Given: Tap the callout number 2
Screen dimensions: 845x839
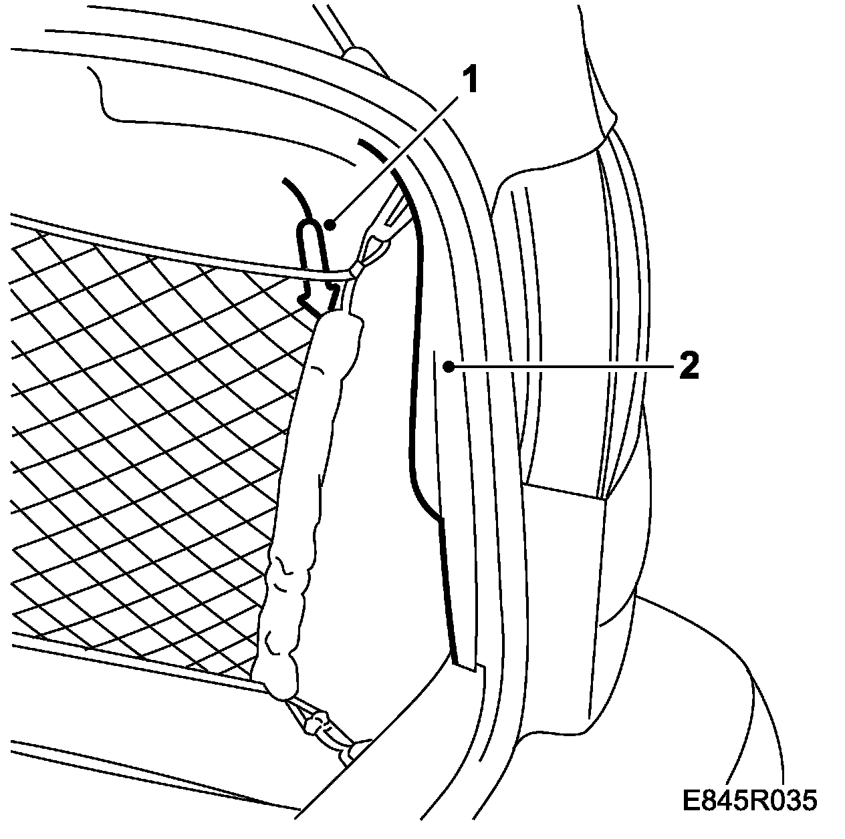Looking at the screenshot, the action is (x=689, y=367).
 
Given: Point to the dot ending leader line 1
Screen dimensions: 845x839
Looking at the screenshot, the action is (x=330, y=225).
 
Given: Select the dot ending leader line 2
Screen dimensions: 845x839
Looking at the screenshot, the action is (x=451, y=366).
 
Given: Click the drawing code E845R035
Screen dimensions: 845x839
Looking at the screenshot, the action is (x=749, y=800).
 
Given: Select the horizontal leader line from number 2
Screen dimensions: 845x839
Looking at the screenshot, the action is (x=562, y=366).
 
